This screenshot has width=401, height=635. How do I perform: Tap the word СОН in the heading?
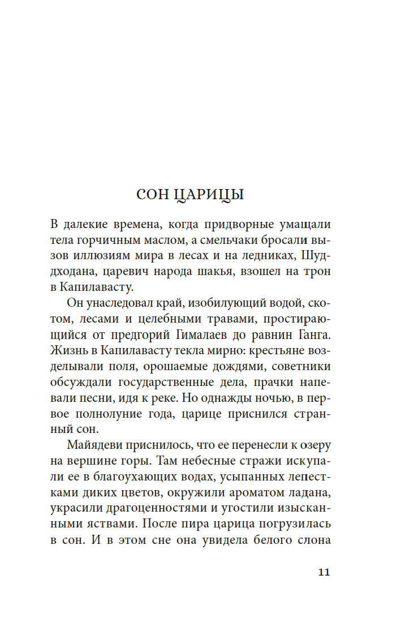click(x=152, y=195)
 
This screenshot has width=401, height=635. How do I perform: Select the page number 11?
click(x=324, y=572)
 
